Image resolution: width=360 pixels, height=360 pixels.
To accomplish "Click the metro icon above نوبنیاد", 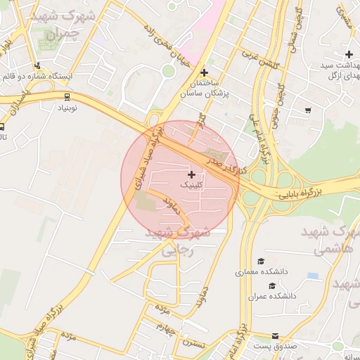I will [67, 97].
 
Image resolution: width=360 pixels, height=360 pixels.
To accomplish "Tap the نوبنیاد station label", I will [67, 109].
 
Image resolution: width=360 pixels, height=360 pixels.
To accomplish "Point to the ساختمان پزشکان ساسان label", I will [204, 88].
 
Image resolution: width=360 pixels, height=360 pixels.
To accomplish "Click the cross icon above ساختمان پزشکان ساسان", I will [204, 72].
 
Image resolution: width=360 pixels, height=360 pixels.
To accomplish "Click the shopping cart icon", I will [308, 110].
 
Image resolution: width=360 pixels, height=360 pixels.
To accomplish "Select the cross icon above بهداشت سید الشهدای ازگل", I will [348, 54].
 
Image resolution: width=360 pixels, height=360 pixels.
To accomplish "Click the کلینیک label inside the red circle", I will [192, 185].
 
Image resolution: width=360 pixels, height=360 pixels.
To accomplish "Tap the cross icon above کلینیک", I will [192, 174].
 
